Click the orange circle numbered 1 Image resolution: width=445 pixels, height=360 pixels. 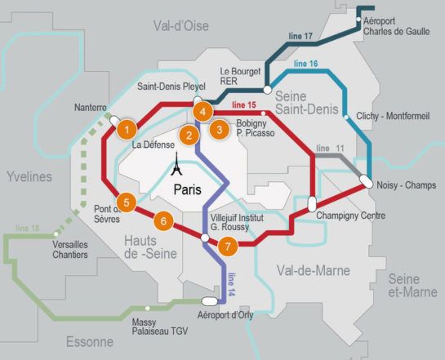pos(126,128)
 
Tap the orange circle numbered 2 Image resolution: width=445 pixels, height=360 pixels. pos(189,136)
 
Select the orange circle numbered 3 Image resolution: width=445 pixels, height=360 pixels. pos(218,128)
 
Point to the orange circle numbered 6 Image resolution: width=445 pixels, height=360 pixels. pos(164,220)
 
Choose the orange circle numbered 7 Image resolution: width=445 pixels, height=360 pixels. pos(228,245)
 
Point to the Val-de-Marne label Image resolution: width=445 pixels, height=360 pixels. pos(313,270)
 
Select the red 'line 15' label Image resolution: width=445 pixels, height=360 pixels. pos(244,105)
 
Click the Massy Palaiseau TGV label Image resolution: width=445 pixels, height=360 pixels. pos(156,327)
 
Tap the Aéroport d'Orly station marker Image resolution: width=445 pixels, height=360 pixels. pos(221,300)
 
